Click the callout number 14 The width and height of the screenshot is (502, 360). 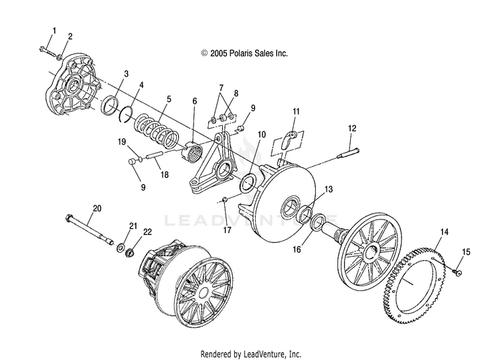click(444, 232)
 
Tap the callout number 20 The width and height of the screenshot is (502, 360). click(97, 208)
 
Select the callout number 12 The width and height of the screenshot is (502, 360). click(352, 128)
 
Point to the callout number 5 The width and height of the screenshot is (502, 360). click(169, 99)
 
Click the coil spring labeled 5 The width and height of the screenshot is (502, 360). click(157, 130)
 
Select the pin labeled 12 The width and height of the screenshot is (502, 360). click(348, 153)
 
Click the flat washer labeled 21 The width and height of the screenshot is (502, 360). click(121, 248)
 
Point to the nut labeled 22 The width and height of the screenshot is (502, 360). click(130, 253)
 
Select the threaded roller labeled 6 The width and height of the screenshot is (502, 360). click(192, 151)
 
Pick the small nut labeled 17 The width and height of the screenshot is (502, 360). click(225, 199)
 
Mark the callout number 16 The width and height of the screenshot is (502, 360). click(297, 249)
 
